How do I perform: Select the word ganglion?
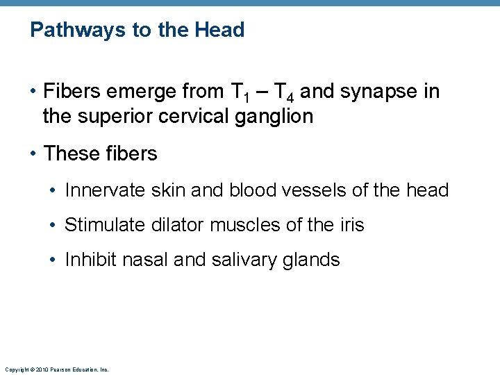[278, 117]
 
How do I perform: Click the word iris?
[351, 224]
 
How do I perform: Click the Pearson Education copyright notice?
[56, 369]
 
